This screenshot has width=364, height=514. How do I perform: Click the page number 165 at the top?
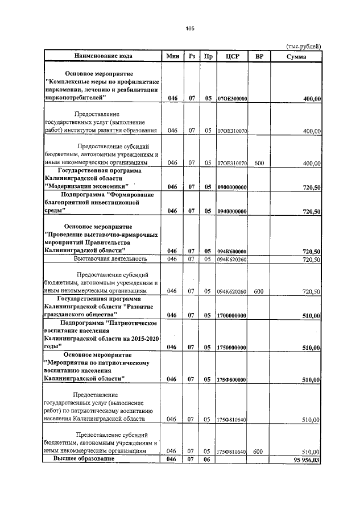click(x=190, y=29)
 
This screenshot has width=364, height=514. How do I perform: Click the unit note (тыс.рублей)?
click(x=303, y=45)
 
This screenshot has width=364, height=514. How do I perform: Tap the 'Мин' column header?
click(x=172, y=56)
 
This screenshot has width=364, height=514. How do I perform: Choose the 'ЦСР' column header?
click(x=231, y=56)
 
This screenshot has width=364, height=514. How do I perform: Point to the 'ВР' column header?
click(x=259, y=56)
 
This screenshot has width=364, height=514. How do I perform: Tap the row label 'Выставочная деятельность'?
click(x=110, y=259)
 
